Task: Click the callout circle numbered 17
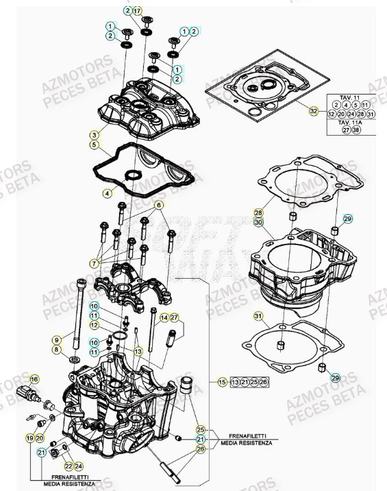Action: (x=137, y=11)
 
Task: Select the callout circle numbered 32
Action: (x=314, y=110)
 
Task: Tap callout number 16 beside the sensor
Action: (x=34, y=377)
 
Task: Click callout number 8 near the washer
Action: (x=56, y=349)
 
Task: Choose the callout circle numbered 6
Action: (x=159, y=205)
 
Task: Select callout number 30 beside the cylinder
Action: (x=258, y=223)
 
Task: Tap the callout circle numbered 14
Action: (x=164, y=318)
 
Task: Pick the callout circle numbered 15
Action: (x=222, y=381)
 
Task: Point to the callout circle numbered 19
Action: (x=30, y=437)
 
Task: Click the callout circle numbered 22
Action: (x=68, y=466)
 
